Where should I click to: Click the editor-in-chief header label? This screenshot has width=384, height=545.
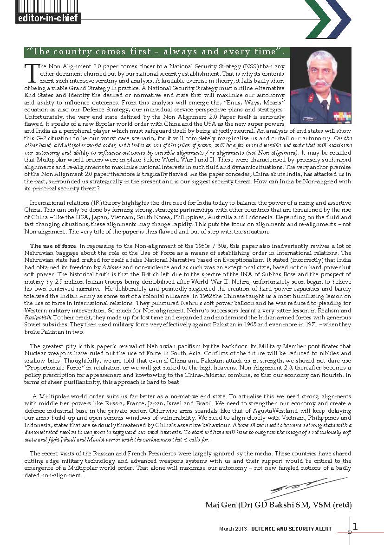tap(47, 18)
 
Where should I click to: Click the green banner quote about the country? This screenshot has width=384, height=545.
tap(156, 52)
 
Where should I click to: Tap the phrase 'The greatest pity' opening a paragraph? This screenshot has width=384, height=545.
tap(52, 346)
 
